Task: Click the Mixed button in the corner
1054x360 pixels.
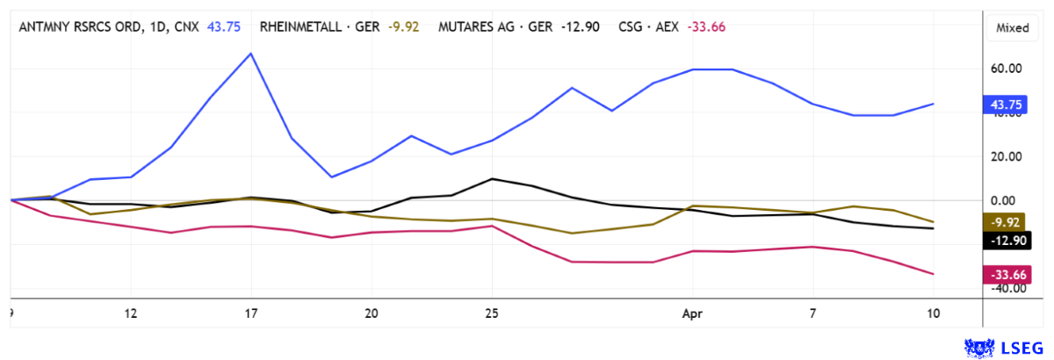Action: tap(1012, 28)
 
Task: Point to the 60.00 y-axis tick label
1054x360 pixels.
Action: tap(1007, 68)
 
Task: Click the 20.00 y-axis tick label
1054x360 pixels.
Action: tap(1007, 156)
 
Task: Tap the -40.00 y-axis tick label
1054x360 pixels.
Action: tap(1007, 289)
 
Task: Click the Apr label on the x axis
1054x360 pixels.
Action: tap(693, 313)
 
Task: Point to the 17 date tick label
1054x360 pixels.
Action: tap(251, 313)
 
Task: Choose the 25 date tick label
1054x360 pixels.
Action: tap(492, 313)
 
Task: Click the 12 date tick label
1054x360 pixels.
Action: tap(131, 313)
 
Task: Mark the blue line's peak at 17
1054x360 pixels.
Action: tap(251, 54)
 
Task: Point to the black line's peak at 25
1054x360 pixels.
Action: tap(492, 178)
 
